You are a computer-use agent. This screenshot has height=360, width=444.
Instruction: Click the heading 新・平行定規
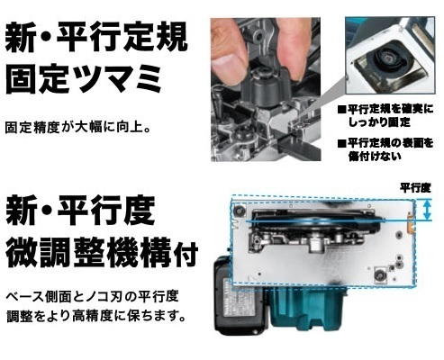point(96,39)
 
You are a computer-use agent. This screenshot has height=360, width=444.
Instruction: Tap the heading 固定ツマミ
point(84,79)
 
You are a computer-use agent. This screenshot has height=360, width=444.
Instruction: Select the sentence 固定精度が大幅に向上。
point(77,128)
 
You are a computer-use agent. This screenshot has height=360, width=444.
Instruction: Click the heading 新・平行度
point(80,211)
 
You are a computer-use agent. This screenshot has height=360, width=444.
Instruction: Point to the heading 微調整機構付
point(102,252)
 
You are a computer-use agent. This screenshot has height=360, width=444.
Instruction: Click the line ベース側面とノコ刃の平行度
point(93,296)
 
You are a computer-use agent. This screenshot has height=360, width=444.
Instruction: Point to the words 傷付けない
point(375,157)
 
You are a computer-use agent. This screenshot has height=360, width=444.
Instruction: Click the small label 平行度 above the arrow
point(415,188)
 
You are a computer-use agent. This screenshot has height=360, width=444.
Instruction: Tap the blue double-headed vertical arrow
point(427,210)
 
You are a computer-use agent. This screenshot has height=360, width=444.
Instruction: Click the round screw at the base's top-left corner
point(240,210)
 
